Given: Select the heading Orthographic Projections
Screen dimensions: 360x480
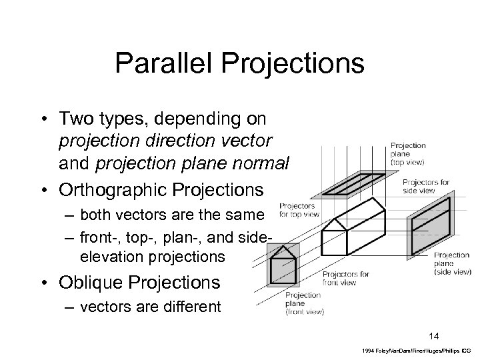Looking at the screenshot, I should (x=161, y=189).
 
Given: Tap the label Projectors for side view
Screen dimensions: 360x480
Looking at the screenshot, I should (x=426, y=186).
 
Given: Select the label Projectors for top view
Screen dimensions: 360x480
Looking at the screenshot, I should (x=297, y=210).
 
